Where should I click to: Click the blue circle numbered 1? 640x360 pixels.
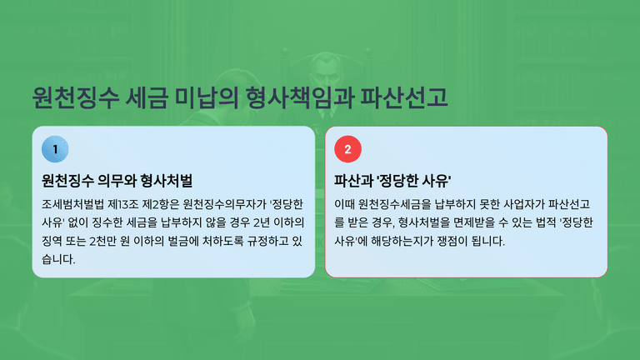coord(55,149)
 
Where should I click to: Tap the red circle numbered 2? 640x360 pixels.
coord(347,149)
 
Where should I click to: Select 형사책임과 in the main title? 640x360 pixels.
coord(300,97)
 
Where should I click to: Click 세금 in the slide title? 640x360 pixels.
coord(147,97)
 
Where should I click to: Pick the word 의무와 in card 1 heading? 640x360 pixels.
coord(117,180)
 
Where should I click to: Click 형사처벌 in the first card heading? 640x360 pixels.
coord(166,180)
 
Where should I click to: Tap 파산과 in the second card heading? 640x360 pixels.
coord(353,180)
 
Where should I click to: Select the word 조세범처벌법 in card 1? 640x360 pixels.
coord(72,204)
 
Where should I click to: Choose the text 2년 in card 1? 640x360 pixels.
coord(262,222)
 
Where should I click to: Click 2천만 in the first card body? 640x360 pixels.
coord(102,241)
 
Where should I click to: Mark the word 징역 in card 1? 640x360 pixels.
coord(52,241)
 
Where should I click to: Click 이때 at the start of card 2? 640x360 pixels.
coord(344,204)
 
